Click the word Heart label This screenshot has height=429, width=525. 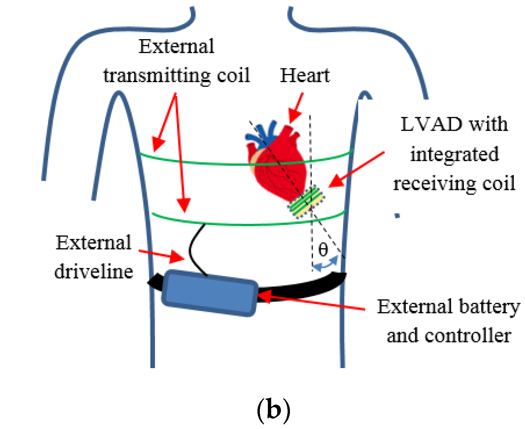point(305,75)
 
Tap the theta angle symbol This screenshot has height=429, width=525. point(323,249)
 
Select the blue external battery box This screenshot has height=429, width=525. point(210,293)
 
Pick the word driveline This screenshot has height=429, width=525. point(94,271)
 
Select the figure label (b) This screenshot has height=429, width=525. point(273,410)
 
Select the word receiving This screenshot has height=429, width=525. point(435,184)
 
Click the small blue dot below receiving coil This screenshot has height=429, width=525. point(397,216)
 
